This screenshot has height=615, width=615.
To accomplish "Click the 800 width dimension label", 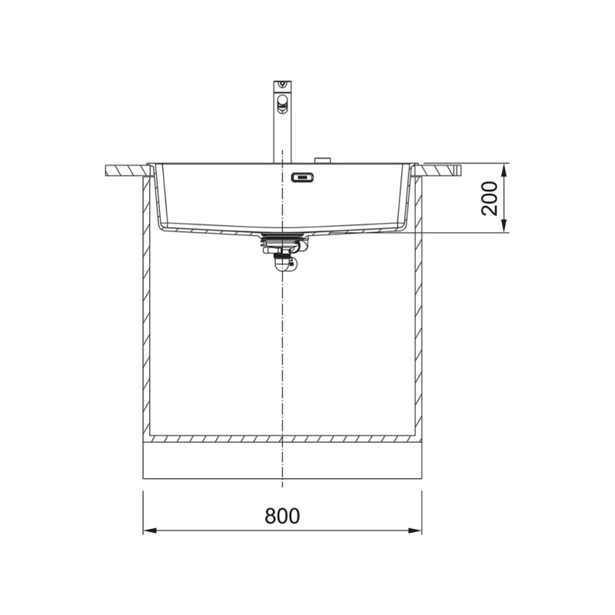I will click(283, 516).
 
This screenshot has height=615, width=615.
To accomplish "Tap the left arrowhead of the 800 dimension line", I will click(148, 530).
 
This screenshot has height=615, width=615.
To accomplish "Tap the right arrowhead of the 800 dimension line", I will click(417, 530).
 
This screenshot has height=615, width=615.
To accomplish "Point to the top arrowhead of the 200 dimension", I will click(504, 168).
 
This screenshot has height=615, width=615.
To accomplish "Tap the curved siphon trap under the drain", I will click(282, 262).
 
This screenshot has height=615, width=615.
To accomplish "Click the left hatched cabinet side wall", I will click(146, 307).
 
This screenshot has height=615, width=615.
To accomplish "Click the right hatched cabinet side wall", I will click(419, 307).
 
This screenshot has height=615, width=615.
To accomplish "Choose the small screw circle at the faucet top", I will click(282, 84).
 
